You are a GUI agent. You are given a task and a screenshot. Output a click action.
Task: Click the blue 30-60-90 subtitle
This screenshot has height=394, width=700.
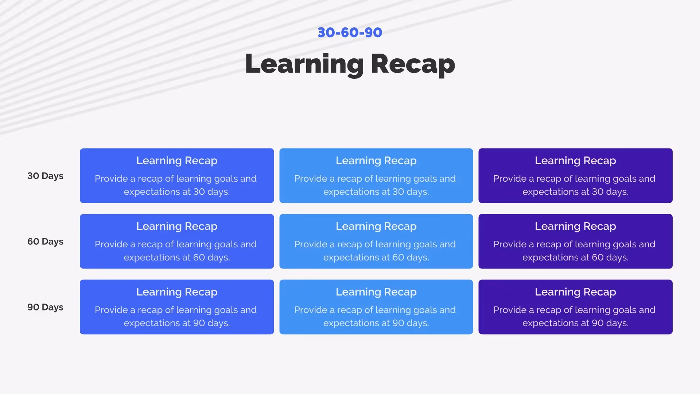[x=350, y=32]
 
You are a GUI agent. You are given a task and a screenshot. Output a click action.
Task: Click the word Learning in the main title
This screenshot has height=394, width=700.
[x=304, y=64]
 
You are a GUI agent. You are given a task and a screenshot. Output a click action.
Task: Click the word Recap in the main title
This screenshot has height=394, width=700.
[x=413, y=64]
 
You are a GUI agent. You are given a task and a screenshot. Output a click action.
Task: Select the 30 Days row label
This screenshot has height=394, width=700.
[x=45, y=176]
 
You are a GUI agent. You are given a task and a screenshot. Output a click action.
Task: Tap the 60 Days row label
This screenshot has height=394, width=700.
[x=45, y=242]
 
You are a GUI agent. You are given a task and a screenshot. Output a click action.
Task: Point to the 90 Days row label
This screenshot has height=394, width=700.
[x=45, y=307]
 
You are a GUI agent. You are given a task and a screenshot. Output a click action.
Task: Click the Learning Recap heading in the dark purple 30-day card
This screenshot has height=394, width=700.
[x=575, y=161]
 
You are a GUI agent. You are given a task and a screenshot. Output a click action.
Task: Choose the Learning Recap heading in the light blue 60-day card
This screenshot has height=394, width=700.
[x=376, y=226]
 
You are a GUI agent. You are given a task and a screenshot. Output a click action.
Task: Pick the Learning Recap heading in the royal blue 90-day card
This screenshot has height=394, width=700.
[x=177, y=292]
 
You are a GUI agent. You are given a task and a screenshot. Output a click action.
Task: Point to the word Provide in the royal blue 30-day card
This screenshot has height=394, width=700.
[x=111, y=179]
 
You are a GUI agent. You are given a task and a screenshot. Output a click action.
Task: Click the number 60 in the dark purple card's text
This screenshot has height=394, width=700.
[x=598, y=258]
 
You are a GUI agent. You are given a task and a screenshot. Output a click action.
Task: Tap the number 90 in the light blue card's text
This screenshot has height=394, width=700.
[x=398, y=323]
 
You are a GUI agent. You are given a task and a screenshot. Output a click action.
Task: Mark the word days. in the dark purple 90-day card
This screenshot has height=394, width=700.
[x=617, y=323]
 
